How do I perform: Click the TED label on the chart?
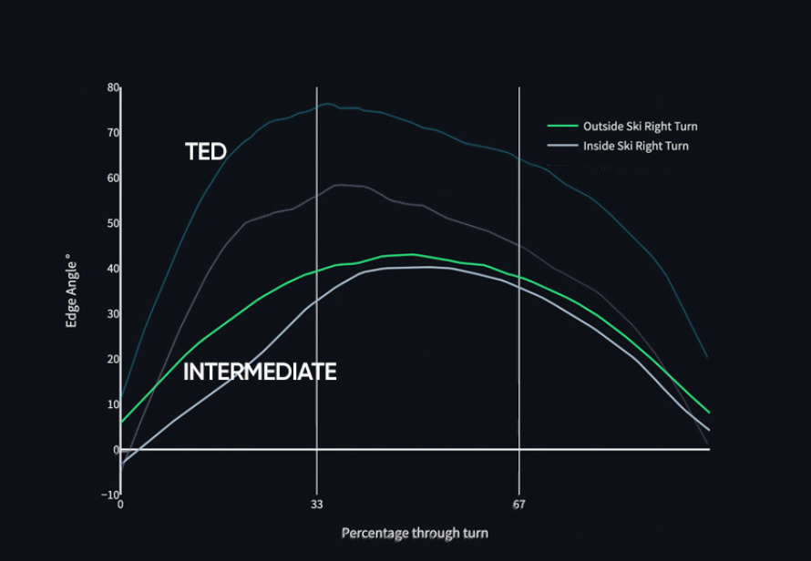pyautogui.click(x=206, y=151)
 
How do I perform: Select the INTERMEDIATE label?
pyautogui.click(x=261, y=372)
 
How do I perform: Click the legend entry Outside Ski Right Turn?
pyautogui.click(x=641, y=127)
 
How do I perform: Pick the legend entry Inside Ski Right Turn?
pyautogui.click(x=636, y=147)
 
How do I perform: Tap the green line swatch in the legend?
pyautogui.click(x=563, y=126)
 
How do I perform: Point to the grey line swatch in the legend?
pyautogui.click(x=563, y=146)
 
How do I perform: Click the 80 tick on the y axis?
pyautogui.click(x=113, y=88)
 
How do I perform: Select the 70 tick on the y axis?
pyautogui.click(x=113, y=133)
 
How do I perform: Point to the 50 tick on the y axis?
pyautogui.click(x=113, y=223)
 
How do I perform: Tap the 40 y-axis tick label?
pyautogui.click(x=113, y=269)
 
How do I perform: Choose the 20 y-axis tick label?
pyautogui.click(x=113, y=360)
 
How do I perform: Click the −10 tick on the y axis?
pyautogui.click(x=109, y=495)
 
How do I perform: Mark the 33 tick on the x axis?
pyautogui.click(x=316, y=505)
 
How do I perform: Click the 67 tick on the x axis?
pyautogui.click(x=518, y=505)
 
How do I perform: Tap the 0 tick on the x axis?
pyautogui.click(x=120, y=505)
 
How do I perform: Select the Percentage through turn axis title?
pyautogui.click(x=415, y=533)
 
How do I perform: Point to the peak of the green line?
pyautogui.click(x=412, y=254)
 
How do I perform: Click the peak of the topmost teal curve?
pyautogui.click(x=327, y=104)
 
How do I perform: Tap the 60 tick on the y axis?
pyautogui.click(x=113, y=178)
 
